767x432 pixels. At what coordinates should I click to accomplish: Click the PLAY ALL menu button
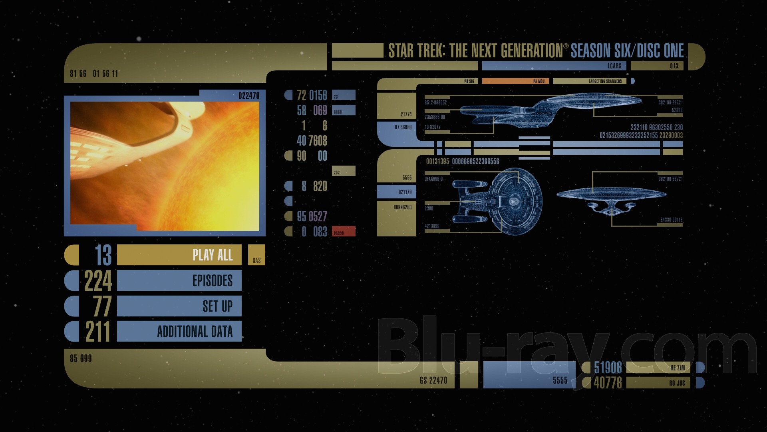tap(179, 255)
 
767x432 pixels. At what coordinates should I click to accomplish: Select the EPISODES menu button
tap(179, 280)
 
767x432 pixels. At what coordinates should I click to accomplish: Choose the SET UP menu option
tap(179, 306)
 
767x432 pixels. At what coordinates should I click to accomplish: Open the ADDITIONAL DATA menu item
tap(179, 331)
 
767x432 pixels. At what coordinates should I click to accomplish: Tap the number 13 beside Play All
tap(103, 255)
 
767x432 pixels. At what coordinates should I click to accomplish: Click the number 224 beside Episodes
tap(98, 280)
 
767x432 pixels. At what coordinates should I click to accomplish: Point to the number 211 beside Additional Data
tap(98, 331)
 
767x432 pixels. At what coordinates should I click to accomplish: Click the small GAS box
tap(256, 255)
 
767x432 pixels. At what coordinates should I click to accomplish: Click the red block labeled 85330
tap(344, 232)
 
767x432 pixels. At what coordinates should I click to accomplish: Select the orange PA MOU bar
tap(515, 81)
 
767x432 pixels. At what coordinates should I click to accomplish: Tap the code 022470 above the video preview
tap(249, 96)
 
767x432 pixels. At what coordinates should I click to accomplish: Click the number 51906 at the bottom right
tap(608, 368)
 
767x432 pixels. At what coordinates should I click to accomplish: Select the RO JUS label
tap(677, 383)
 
